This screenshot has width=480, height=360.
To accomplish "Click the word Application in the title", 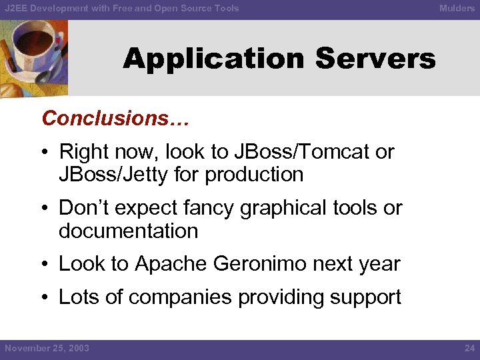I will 214,59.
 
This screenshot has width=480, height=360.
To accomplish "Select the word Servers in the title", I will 375,59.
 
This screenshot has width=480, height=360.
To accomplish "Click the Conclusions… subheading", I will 115,119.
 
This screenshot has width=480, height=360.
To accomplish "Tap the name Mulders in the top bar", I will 457,9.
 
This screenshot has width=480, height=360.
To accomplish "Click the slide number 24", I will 469,349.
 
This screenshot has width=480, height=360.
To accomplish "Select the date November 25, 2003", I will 47,349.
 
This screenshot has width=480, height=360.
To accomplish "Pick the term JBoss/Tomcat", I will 302,152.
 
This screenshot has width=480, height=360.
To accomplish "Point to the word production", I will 254,175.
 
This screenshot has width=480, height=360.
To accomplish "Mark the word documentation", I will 128,231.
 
